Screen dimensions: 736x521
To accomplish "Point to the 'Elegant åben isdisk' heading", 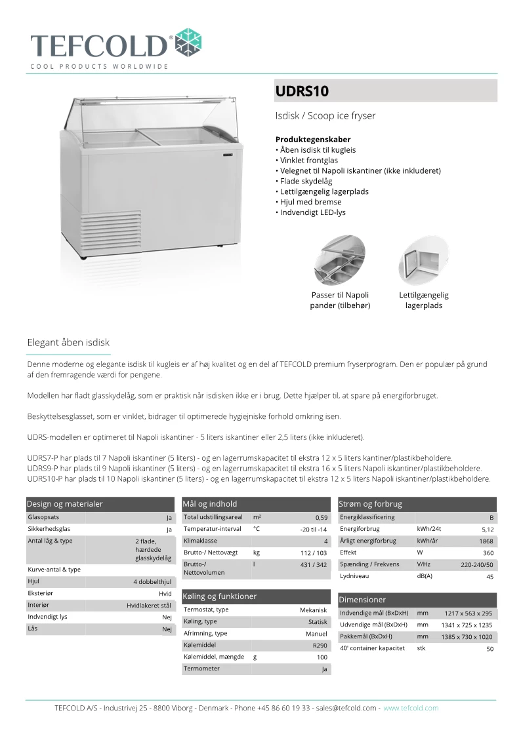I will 68,342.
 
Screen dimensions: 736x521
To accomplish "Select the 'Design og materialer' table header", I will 65,503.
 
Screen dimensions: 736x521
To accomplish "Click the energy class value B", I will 491,518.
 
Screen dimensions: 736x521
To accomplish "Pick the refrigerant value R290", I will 320,646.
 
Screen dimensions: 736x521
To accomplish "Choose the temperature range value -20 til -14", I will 313,530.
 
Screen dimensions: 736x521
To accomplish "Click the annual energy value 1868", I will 486,541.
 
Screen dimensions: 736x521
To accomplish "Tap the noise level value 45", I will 490,577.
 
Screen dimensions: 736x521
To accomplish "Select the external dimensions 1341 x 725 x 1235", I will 466,625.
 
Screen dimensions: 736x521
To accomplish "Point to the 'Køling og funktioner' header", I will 220,596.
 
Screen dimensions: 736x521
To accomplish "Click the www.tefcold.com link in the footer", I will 411,708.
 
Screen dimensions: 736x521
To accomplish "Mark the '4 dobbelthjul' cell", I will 152,582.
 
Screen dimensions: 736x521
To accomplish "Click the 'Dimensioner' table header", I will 363,600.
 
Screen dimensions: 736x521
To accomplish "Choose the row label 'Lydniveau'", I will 356,576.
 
